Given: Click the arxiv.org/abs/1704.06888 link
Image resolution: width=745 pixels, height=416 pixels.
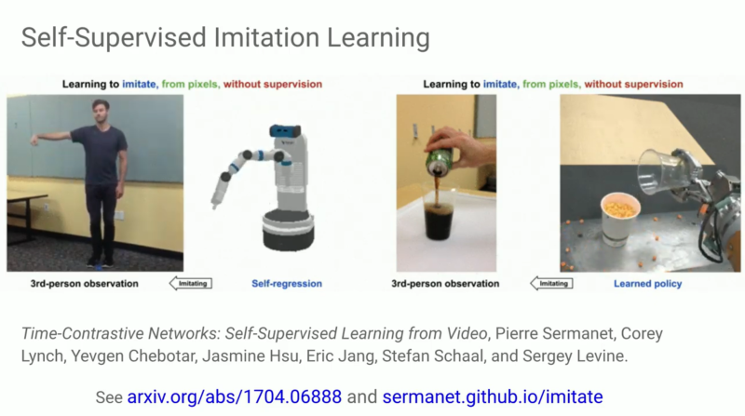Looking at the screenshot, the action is coord(235,396).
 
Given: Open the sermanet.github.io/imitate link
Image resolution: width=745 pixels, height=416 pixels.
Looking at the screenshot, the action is coord(493,396).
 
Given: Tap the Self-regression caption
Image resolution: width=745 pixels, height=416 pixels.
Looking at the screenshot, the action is coord(287,284).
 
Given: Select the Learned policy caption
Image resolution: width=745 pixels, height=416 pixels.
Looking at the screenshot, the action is coord(647,284).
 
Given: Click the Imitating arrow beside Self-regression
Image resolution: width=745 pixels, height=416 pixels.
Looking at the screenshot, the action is coord(191,284).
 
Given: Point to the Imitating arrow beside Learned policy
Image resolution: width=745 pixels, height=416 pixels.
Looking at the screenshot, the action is coord(551,284).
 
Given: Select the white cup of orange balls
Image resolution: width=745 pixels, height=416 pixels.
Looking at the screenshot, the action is coord(619,219).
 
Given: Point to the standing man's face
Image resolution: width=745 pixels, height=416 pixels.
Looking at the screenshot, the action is coord(101,111).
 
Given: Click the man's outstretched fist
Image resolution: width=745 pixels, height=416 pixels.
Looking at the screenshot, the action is coord(34,141).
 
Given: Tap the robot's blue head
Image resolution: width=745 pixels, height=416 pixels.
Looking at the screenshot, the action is coord(285,131).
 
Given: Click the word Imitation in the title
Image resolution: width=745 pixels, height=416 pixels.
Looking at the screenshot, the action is coord(266,37).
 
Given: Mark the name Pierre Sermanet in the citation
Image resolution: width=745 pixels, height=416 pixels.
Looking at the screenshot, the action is coord(554,333).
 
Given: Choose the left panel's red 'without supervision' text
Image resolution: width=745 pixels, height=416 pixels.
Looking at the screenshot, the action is coord(273,84).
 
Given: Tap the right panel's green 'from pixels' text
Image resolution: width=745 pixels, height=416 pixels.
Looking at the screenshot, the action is coord(551,85).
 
